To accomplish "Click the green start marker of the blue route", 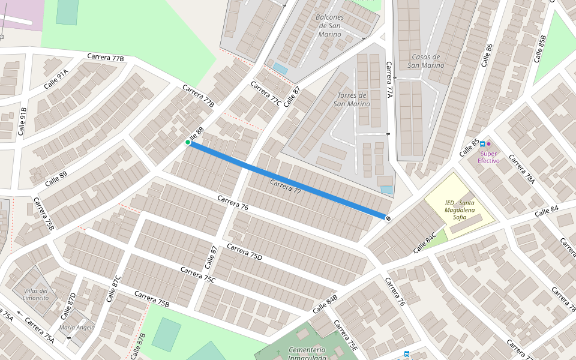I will pyautogui.click(x=188, y=142).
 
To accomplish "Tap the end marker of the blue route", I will pyautogui.click(x=388, y=218).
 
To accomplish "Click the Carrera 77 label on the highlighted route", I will pyautogui.click(x=285, y=186).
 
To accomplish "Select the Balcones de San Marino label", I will pyautogui.click(x=329, y=26).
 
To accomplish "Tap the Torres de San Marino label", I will pyautogui.click(x=353, y=100).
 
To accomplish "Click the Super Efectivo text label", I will pyautogui.click(x=488, y=157).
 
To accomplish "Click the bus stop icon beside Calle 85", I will pyautogui.click(x=482, y=144).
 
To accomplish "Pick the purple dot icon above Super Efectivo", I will pyautogui.click(x=489, y=144).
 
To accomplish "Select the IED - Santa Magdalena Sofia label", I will pyautogui.click(x=460, y=210).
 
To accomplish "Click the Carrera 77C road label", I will pyautogui.click(x=266, y=94).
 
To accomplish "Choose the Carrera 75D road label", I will pyautogui.click(x=244, y=253).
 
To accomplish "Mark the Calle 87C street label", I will pyautogui.click(x=113, y=289).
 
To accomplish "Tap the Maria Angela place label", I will pyautogui.click(x=77, y=327).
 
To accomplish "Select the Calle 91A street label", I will pyautogui.click(x=55, y=79).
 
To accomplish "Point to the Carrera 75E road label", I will pyautogui.click(x=346, y=335).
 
